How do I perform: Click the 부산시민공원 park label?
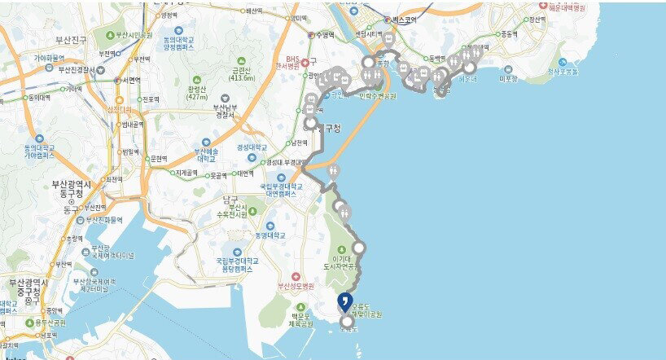tap(134, 35)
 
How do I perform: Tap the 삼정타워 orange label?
tap(119, 108)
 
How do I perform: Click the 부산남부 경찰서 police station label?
tap(223, 111)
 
